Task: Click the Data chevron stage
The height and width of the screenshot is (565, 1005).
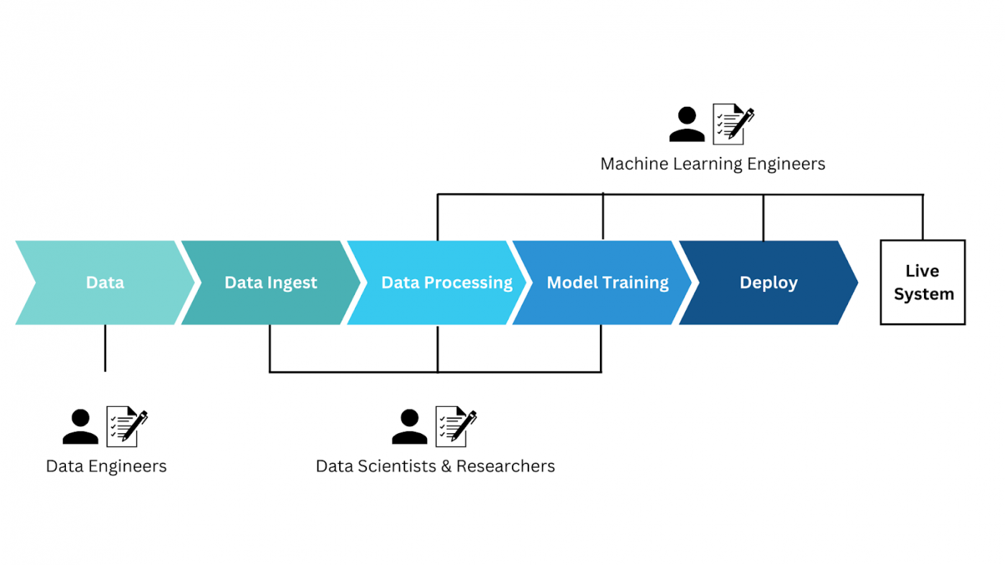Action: tap(105, 282)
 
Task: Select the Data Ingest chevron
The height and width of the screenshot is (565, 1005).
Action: tap(270, 282)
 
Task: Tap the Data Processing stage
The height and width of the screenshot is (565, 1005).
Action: tap(446, 282)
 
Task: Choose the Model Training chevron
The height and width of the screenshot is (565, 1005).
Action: tap(607, 282)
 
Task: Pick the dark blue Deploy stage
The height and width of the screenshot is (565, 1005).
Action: tap(768, 282)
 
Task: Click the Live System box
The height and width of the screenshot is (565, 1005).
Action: tap(923, 282)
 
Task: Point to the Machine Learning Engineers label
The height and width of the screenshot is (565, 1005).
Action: tap(713, 164)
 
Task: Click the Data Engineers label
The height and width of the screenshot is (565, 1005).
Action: tap(106, 466)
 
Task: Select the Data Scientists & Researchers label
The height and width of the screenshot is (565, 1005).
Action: tap(435, 466)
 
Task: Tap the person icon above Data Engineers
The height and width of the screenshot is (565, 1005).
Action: tap(80, 427)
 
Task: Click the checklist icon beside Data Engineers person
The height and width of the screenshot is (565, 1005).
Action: tap(127, 426)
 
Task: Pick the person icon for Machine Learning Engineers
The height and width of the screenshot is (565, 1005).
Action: tap(687, 125)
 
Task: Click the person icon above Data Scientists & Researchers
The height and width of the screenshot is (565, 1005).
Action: tap(409, 427)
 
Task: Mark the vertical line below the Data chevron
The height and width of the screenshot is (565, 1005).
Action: tap(105, 348)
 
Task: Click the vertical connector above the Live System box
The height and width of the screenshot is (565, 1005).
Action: tap(923, 217)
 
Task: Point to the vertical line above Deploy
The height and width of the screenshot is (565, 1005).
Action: tap(763, 217)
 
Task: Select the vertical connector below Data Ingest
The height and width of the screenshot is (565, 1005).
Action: tap(270, 348)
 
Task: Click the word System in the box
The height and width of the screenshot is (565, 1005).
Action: tap(923, 294)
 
